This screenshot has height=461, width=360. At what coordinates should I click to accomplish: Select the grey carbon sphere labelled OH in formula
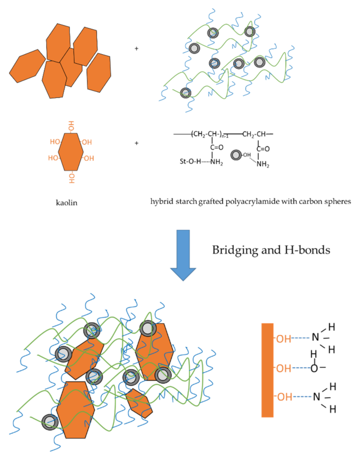236,154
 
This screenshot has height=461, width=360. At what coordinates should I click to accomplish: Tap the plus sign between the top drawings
137,49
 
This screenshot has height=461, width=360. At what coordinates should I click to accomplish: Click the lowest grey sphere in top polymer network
186,92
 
